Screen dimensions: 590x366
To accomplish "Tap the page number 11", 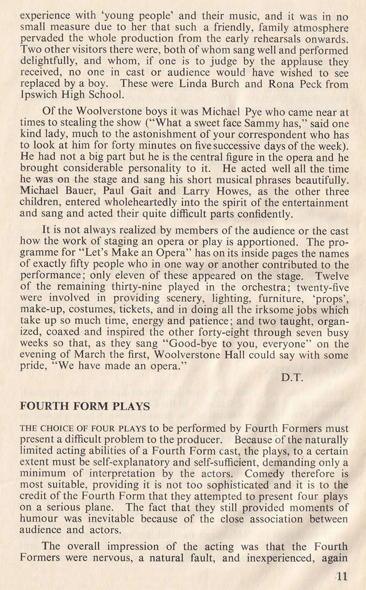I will [x=343, y=578].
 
